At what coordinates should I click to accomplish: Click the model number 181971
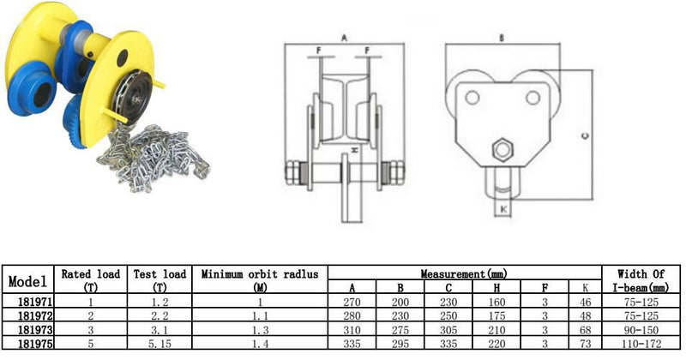(x=35, y=302)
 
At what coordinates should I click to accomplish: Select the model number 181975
(x=35, y=344)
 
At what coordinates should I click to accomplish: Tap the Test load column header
(x=159, y=280)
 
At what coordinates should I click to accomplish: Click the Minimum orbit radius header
(x=260, y=280)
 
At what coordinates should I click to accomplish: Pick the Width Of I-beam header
(x=641, y=280)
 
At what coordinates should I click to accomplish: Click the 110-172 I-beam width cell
(x=641, y=344)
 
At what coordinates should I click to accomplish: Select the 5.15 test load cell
(x=159, y=344)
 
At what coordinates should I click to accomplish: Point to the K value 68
(x=586, y=330)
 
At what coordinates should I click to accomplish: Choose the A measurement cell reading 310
(x=352, y=330)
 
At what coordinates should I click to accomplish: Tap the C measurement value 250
(x=448, y=315)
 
